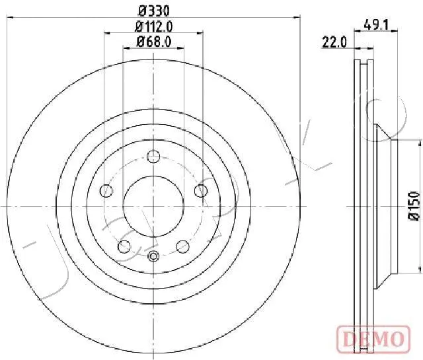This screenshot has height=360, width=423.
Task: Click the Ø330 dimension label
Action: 153,11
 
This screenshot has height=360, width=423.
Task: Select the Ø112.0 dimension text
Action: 153,26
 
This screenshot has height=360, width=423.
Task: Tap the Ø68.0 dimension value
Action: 153,42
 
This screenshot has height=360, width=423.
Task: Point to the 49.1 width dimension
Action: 376,25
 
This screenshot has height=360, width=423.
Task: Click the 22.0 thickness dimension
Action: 334,42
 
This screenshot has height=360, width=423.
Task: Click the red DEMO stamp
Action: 373,338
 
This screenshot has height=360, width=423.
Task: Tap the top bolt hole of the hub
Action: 153,157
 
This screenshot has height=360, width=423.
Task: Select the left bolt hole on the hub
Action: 106,191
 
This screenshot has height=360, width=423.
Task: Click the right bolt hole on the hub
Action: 201,191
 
